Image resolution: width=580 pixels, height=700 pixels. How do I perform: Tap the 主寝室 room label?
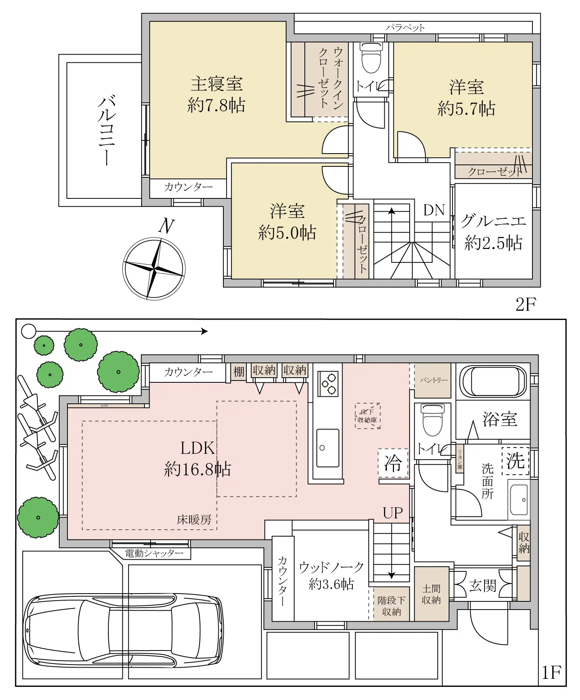click(216, 84)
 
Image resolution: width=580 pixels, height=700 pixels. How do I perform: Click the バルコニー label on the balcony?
click(106, 131)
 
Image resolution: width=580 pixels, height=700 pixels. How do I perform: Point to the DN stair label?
click(434, 210)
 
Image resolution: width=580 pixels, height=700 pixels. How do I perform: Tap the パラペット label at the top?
click(405, 28)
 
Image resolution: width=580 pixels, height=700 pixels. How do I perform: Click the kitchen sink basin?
click(327, 448)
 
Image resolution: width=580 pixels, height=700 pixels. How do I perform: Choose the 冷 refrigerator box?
click(393, 463)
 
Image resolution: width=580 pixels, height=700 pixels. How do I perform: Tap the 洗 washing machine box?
click(515, 460)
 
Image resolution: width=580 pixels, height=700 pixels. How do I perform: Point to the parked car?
click(123, 630)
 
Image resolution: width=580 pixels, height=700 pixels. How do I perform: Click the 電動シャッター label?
click(154, 553)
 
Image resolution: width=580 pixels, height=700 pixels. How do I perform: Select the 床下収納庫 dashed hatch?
click(367, 416)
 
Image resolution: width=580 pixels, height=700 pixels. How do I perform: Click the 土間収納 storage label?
click(431, 594)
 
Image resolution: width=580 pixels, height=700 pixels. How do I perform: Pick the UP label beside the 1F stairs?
click(393, 513)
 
